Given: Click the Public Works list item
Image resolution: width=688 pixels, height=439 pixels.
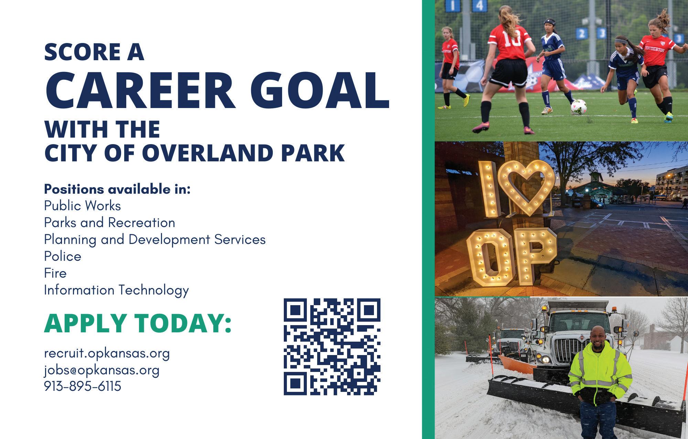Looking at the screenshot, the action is point(83,206).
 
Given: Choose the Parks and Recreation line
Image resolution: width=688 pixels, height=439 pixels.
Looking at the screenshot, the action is point(110,223).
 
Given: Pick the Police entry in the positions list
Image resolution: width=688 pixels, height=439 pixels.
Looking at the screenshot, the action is point(63,256).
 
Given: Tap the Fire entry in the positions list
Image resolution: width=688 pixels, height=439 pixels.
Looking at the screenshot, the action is point(55,273).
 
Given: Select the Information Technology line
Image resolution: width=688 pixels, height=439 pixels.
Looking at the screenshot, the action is point(117,290).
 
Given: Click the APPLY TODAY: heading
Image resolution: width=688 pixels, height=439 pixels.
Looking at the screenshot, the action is point(138,323).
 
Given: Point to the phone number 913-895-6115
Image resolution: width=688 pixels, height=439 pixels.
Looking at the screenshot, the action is point(83,386).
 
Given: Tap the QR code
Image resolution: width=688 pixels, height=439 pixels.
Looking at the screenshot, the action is point(332,347).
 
